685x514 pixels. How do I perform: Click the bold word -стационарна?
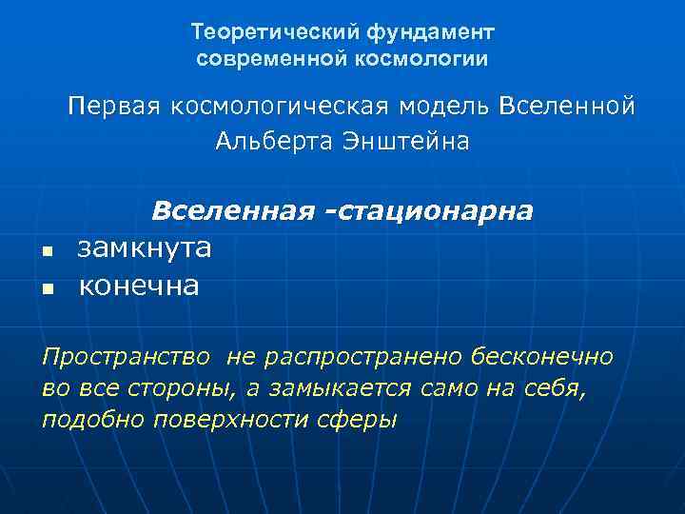(429, 209)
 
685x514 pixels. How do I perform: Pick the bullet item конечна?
(139, 285)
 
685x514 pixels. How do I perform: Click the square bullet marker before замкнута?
(47, 251)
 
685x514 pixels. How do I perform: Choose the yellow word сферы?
(362, 419)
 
